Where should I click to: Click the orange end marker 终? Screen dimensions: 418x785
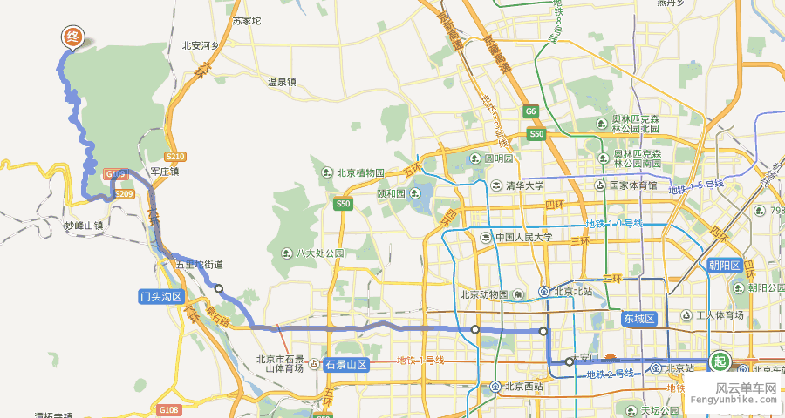pos(73,37)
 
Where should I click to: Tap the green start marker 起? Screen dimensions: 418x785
pos(720,361)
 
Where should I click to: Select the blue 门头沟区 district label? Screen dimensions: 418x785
pos(161,297)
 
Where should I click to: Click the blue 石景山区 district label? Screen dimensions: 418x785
pos(346,364)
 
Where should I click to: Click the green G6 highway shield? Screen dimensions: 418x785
pos(530,111)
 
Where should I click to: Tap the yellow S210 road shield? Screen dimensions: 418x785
pos(174,156)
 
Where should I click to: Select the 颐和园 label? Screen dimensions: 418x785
pos(393,194)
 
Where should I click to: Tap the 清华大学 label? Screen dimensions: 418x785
pos(524,185)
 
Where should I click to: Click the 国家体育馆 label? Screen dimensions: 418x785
pos(632,185)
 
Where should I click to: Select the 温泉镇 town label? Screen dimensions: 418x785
pos(282,82)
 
